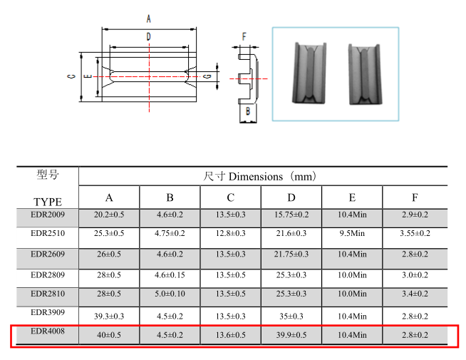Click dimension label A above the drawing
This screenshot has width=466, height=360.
(x=149, y=19)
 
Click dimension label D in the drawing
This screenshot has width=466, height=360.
(x=149, y=36)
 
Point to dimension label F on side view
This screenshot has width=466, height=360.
(x=244, y=36)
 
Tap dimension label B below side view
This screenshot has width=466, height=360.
(x=248, y=111)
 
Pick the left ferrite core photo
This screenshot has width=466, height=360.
(x=310, y=73)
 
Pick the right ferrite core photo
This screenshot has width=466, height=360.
(x=365, y=74)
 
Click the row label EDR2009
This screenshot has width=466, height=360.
(x=48, y=215)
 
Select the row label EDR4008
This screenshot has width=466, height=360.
(x=48, y=331)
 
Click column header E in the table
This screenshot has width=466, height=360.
(x=352, y=197)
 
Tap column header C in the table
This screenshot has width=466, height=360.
(x=231, y=197)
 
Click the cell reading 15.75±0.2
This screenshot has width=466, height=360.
(x=291, y=215)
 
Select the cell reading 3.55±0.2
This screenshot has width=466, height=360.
(x=415, y=233)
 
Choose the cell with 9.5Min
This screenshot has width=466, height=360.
(x=352, y=233)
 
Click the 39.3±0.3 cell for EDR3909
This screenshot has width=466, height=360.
(x=109, y=317)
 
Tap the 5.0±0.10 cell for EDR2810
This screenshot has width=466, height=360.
(x=170, y=294)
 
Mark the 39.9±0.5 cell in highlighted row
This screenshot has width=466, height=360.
(x=291, y=335)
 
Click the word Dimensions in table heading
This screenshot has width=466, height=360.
(x=256, y=177)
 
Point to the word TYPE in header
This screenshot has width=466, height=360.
(x=48, y=202)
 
